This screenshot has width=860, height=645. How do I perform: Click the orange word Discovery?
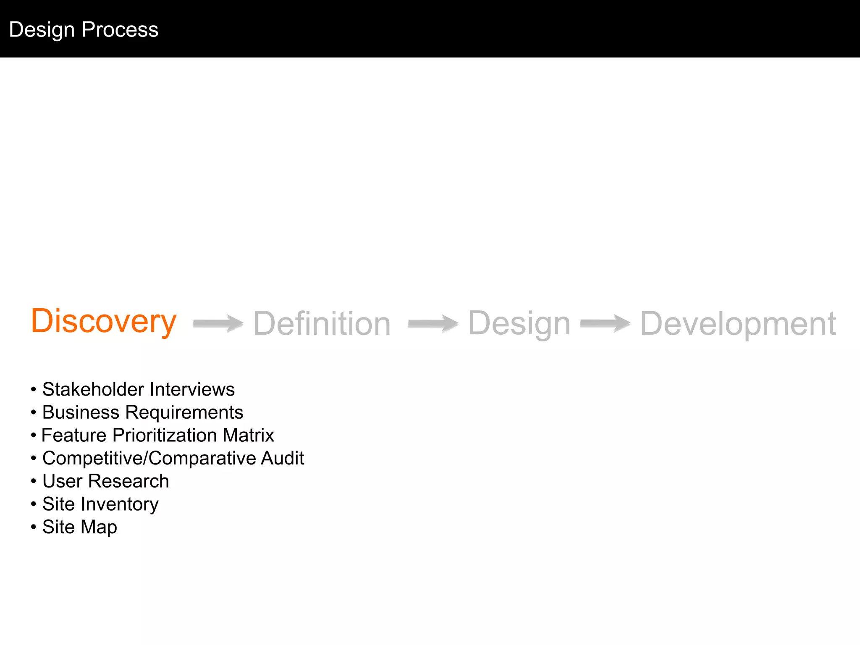coord(104,321)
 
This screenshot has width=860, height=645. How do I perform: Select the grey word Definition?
coord(322,324)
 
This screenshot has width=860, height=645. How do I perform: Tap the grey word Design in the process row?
coord(519,324)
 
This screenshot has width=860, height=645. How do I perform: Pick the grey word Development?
coord(738,324)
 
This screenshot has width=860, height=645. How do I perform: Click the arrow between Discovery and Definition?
coord(218,323)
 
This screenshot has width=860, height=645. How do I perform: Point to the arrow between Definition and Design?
coord(433,323)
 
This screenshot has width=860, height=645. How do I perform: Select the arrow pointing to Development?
coord(606,323)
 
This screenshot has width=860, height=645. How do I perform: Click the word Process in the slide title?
coord(120,30)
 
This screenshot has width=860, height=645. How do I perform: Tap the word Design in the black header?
coord(42,30)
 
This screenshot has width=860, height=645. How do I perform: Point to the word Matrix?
coord(249,435)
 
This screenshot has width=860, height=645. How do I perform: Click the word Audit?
coord(282,458)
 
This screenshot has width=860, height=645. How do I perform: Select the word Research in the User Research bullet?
coord(128,481)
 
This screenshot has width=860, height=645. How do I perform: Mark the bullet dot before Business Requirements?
coord(34,413)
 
